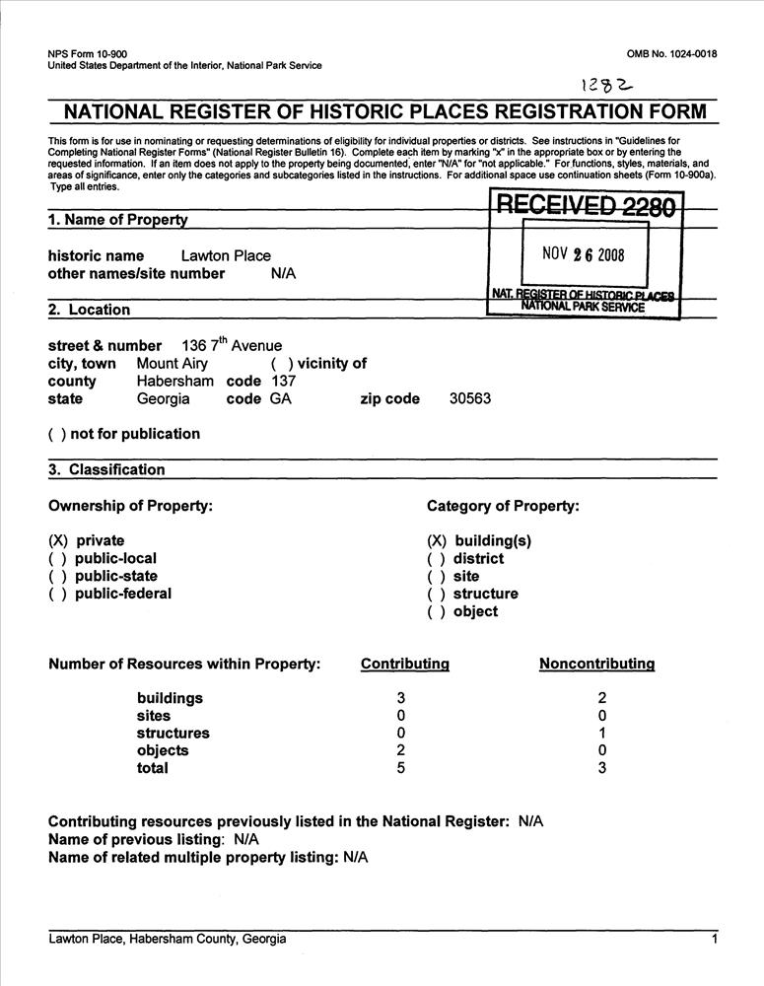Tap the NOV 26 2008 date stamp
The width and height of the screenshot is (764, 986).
point(584,254)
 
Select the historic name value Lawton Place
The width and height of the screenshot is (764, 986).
point(226,255)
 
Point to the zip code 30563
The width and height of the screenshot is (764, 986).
point(470,399)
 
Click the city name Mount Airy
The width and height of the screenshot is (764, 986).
point(172,364)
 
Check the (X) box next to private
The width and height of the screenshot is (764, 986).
point(59,540)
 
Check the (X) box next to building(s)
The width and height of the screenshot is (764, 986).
point(437,540)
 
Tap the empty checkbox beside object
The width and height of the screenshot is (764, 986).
point(437,611)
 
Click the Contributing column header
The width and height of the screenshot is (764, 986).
point(405,664)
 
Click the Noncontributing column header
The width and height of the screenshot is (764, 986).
point(596,664)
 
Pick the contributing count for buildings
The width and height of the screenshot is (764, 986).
point(401,698)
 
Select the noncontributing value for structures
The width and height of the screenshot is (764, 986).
point(601,734)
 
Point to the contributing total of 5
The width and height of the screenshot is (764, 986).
point(401,768)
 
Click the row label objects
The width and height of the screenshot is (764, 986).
point(163,750)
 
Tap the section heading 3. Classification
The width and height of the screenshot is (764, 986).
point(106,470)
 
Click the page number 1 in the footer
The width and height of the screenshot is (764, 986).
point(714,940)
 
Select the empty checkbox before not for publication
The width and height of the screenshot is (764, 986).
point(57,435)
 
